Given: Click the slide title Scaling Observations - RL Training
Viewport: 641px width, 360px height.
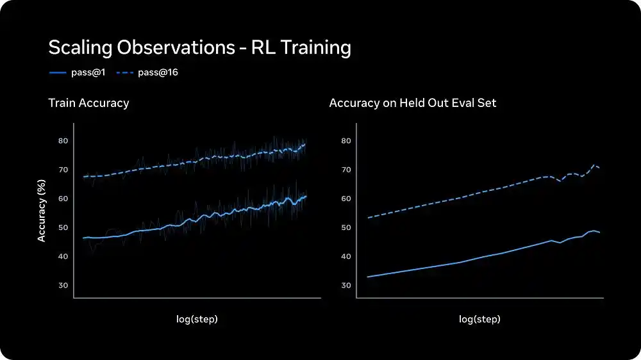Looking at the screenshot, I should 199,48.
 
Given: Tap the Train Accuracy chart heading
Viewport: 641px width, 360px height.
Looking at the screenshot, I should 88,102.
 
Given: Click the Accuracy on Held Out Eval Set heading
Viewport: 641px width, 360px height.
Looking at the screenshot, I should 412,102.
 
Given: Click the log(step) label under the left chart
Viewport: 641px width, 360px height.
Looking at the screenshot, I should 197,318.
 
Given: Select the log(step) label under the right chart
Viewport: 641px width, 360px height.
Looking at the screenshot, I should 479,318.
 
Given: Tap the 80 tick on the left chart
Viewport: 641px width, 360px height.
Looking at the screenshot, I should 63,140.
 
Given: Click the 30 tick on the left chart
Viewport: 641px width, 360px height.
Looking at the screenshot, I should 63,285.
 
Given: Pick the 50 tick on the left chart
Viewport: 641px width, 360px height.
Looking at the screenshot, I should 63,227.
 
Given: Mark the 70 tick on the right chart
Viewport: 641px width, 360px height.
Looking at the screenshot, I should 345,170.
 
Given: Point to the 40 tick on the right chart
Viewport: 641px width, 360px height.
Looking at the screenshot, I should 345,256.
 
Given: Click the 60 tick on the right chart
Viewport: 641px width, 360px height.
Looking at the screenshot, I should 345,199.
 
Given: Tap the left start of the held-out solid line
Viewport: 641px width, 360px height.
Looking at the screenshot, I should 368,277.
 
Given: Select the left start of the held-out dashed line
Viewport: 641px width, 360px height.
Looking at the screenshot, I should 368,218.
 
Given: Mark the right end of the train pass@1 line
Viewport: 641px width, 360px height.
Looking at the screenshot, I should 306,196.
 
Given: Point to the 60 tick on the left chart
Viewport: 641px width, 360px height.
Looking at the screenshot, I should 63,199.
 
